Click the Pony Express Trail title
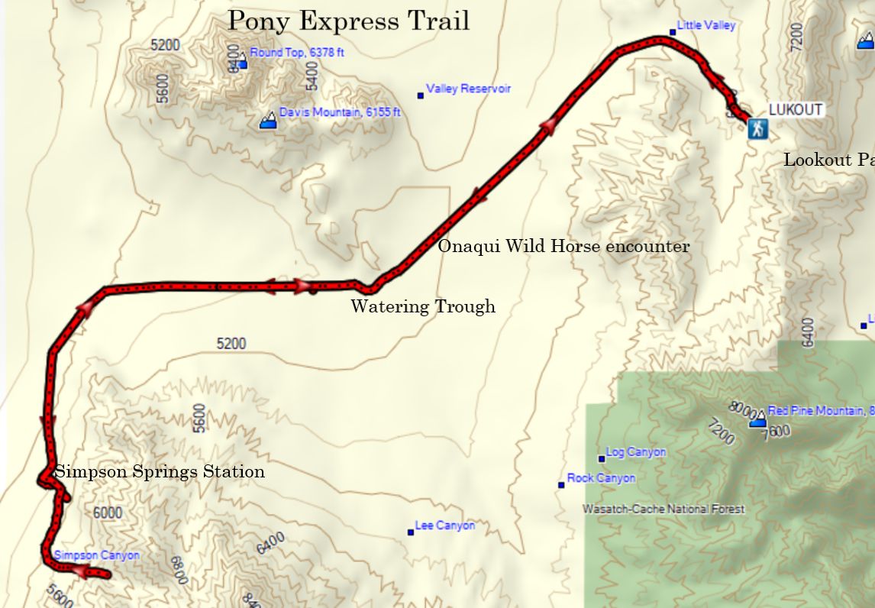349,21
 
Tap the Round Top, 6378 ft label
297,53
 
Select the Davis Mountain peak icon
268,121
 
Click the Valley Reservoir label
468,89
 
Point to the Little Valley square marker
673,32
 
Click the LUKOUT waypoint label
795,109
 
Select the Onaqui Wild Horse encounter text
563,246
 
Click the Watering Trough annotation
422,306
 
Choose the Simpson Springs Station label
160,471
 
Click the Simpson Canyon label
97,555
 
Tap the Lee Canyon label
444,526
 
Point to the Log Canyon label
635,452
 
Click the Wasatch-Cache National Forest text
664,509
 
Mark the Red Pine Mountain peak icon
757,419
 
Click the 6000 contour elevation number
107,513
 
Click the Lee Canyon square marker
411,532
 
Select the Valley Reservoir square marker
420,95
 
